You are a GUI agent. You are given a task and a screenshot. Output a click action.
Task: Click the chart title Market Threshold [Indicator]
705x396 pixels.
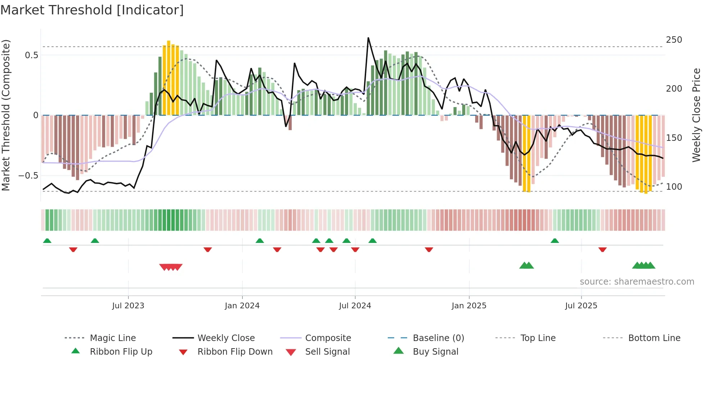tap(92, 10)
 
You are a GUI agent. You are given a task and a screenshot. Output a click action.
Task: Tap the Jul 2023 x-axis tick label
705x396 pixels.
tap(128, 306)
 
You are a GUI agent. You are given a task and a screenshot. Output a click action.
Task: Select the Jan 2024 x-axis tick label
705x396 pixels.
tap(242, 306)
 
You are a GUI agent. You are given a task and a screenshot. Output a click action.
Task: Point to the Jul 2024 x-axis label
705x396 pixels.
tap(355, 306)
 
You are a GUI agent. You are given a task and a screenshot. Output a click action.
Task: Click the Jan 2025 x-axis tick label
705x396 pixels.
tap(469, 306)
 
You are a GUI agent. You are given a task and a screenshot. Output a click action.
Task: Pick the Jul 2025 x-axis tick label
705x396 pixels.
tap(581, 306)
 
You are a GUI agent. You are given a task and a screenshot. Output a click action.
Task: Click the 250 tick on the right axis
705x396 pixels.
tap(674, 40)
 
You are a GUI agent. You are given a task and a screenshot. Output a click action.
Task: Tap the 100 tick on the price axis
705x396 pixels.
tap(674, 187)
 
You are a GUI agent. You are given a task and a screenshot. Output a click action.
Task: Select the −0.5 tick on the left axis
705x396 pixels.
tap(28, 176)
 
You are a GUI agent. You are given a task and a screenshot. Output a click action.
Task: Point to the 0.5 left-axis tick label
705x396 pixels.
tap(31, 55)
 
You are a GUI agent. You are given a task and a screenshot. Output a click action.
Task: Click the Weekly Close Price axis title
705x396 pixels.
tap(696, 115)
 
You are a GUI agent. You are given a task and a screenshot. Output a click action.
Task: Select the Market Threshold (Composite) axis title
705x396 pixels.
tap(6, 115)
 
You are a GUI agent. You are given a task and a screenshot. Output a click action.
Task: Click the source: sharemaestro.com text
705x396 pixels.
tap(637, 282)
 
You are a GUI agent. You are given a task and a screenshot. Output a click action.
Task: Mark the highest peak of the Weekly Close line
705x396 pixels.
tap(368, 38)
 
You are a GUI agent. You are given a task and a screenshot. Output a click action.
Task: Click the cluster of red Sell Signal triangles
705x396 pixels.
tap(171, 267)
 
